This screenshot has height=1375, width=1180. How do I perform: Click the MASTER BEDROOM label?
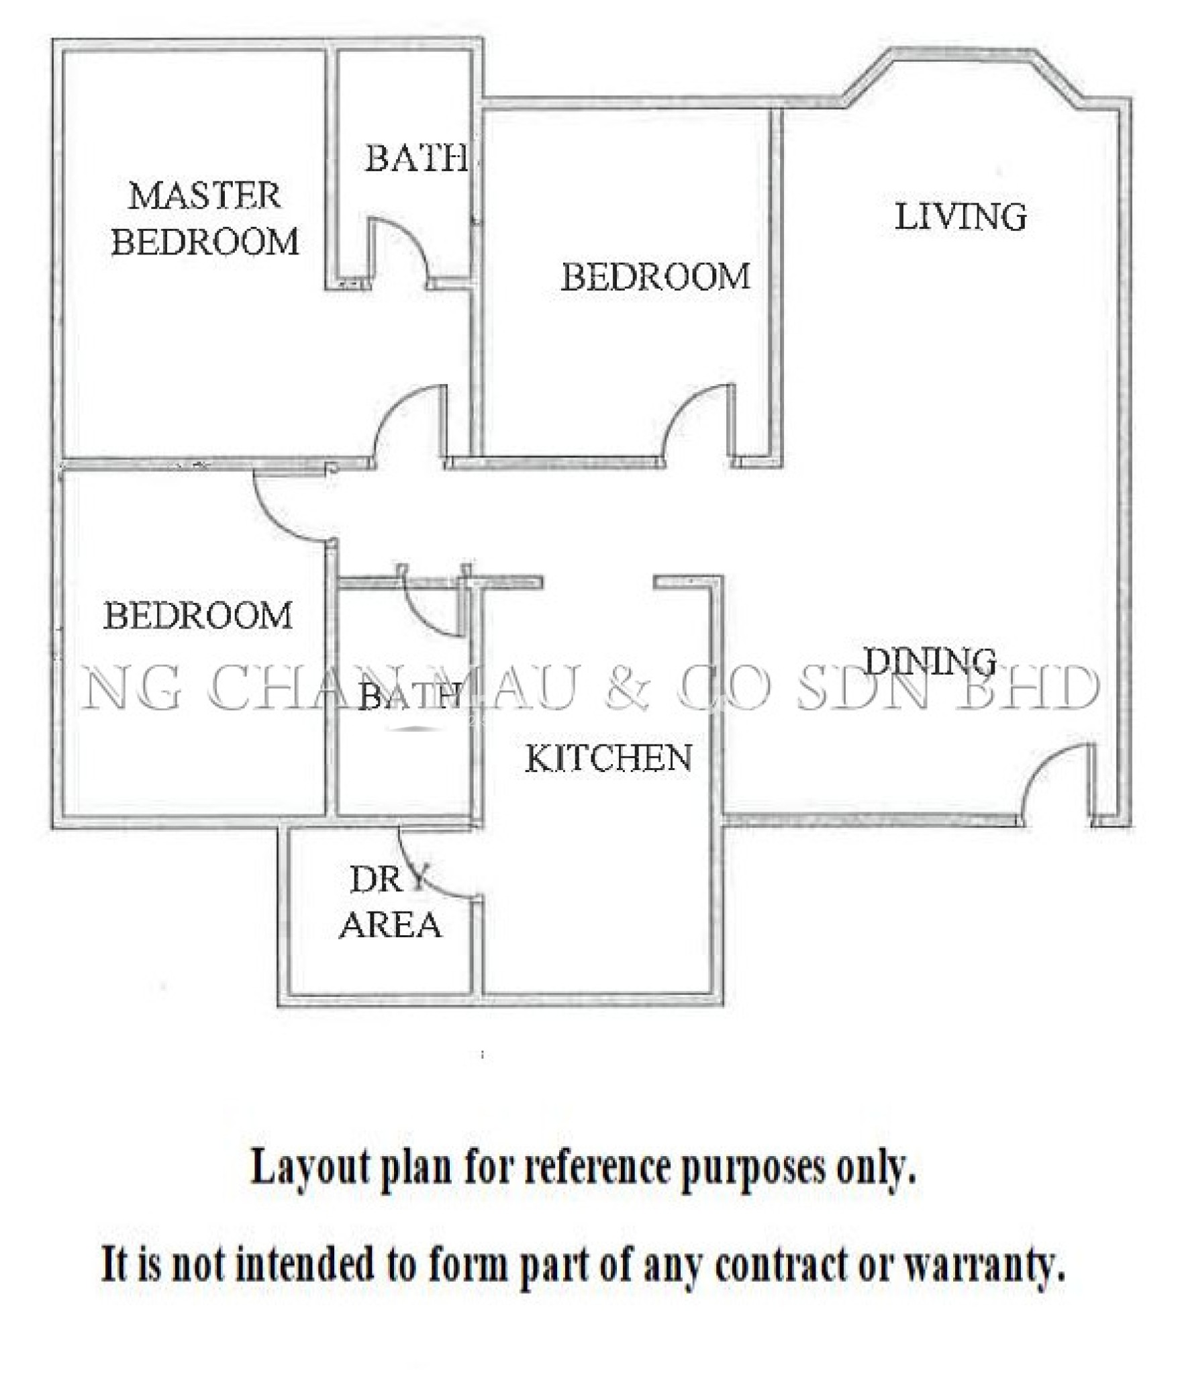point(205,218)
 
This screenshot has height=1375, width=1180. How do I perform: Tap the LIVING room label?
point(961,217)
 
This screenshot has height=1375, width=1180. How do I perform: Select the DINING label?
point(929,661)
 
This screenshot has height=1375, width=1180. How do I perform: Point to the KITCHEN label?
point(607,758)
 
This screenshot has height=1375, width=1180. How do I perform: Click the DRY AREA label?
point(390,902)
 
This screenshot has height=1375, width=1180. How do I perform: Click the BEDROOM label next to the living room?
point(655,277)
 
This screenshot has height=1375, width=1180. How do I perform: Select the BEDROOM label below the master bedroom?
point(198,615)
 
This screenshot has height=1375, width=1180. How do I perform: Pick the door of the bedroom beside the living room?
point(698,423)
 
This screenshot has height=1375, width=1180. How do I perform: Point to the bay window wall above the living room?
point(960,54)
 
